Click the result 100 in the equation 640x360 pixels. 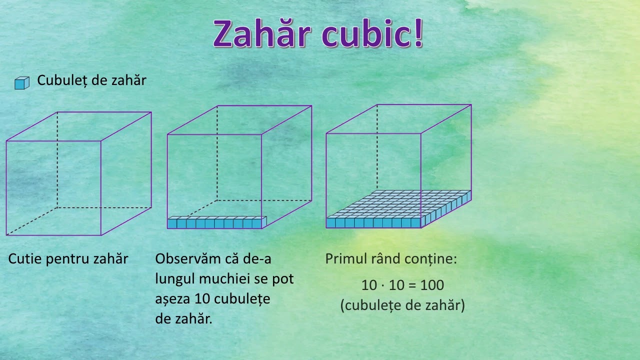(431, 285)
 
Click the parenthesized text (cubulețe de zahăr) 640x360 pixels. (402, 305)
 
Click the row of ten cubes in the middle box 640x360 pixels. (216, 222)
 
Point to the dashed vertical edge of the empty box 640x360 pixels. (57, 160)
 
